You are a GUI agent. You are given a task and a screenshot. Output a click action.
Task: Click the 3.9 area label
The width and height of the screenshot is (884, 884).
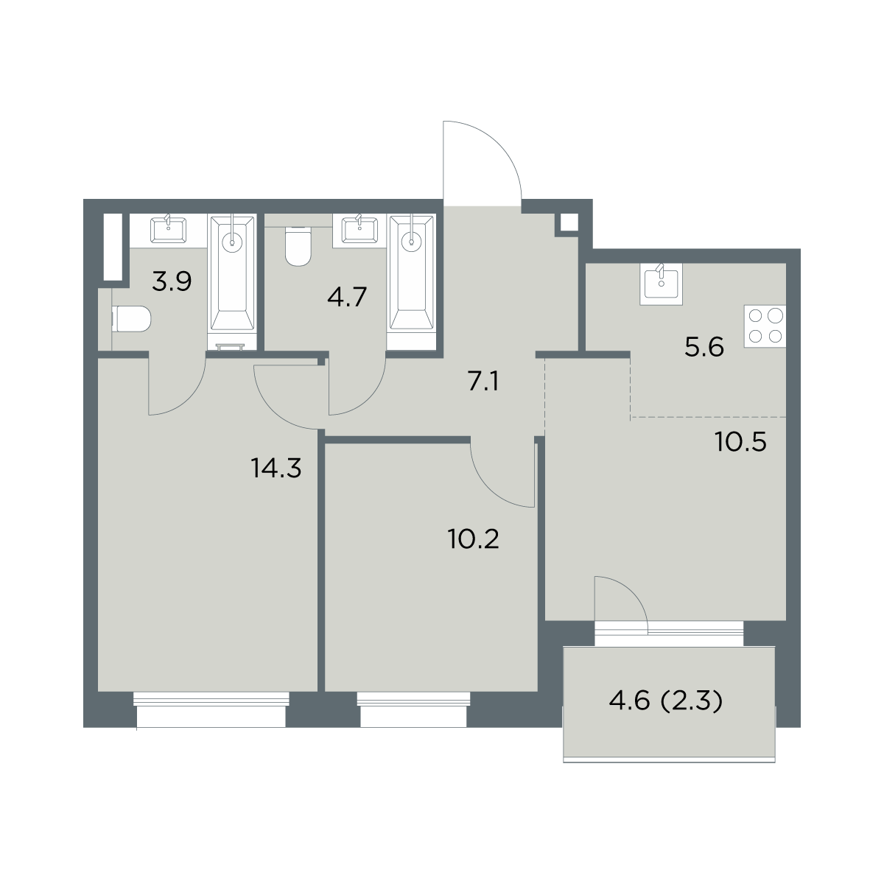coord(172,281)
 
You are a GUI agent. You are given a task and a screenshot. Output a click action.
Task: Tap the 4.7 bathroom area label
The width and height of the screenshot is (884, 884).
coord(347,298)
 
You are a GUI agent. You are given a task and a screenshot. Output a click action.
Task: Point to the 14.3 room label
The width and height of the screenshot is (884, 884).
coord(276,469)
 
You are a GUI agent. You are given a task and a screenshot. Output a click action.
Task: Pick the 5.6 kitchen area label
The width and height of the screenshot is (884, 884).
coord(704,347)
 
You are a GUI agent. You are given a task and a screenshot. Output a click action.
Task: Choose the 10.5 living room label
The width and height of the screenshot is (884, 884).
coord(741,443)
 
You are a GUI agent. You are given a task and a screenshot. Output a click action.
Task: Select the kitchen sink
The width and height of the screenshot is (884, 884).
coord(661,284)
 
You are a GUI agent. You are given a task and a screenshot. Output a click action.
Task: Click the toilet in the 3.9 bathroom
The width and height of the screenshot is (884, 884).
coord(131,319)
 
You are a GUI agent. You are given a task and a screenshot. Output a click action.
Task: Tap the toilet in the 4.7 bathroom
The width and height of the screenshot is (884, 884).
coord(298,246)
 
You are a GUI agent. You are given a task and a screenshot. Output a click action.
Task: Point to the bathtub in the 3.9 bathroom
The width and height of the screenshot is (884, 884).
coord(231,274)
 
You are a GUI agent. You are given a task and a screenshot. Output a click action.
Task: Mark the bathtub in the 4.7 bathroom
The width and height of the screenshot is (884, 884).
coord(411,274)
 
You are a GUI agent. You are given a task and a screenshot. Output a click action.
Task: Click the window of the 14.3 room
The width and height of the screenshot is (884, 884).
coord(211,709)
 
